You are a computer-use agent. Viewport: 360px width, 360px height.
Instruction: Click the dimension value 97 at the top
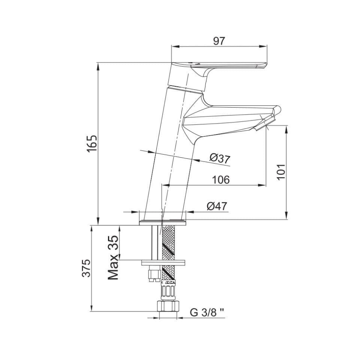click(x=219, y=41)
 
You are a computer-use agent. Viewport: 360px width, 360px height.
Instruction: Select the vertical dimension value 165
click(x=92, y=144)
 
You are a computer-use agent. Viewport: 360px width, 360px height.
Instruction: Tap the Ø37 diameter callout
click(x=220, y=158)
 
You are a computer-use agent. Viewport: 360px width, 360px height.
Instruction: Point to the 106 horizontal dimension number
click(x=221, y=180)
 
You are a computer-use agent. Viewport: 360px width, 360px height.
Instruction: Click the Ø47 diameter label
click(x=217, y=206)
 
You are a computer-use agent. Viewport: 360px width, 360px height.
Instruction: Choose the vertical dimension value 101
click(x=281, y=172)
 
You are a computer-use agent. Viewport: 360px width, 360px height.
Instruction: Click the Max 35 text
click(x=113, y=257)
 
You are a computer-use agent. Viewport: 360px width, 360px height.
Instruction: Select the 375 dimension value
click(x=86, y=268)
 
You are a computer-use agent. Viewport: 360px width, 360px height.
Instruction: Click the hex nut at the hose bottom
click(x=168, y=307)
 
